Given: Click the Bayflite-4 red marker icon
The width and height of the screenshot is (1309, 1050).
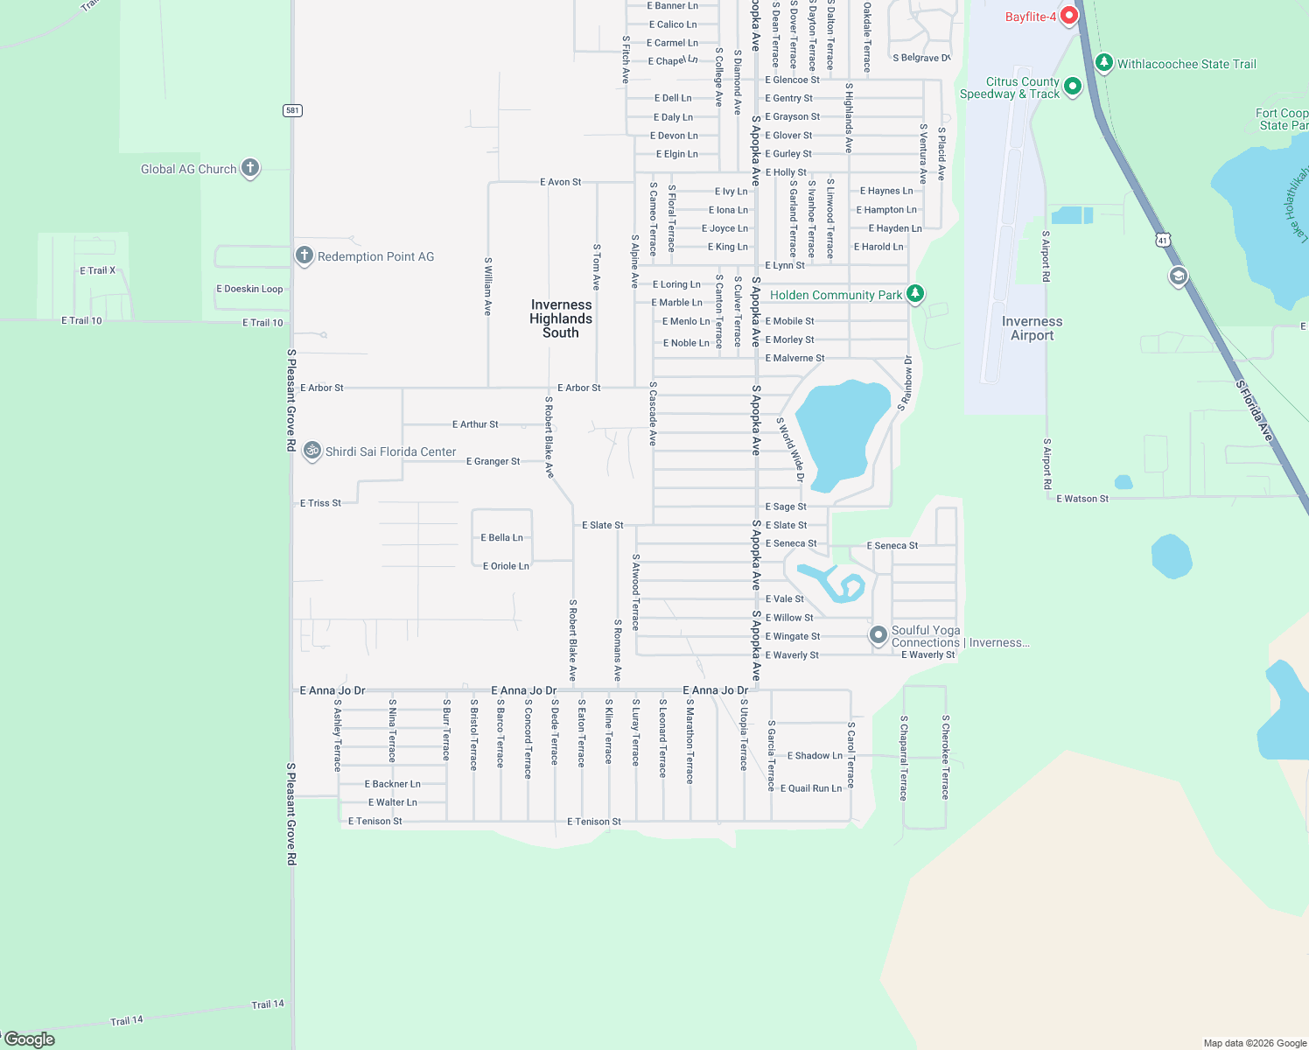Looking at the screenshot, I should [x=1068, y=17].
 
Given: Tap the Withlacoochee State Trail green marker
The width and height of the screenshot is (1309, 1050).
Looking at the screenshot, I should [x=1104, y=63].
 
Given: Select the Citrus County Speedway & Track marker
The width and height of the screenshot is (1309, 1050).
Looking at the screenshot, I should [x=1073, y=87].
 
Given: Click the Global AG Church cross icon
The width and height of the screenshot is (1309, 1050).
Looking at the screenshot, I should [x=250, y=168].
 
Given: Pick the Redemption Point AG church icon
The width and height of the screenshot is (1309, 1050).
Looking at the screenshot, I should [x=304, y=255].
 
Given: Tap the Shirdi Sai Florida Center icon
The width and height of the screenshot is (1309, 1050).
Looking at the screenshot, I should [x=312, y=451].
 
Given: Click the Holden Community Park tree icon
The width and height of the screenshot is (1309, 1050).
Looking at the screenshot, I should [x=915, y=294].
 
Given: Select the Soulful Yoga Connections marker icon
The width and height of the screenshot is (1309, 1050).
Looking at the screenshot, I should [x=878, y=635].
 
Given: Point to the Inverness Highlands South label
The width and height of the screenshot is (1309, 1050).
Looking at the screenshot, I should [x=561, y=318].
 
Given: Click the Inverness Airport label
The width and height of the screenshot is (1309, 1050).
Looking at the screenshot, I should [x=1032, y=328].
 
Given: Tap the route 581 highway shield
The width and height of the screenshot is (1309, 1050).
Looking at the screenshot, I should [x=292, y=110].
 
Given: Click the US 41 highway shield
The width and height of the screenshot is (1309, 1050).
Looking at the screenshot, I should [x=1163, y=240].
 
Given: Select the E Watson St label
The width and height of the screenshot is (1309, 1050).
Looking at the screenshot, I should [x=1082, y=499].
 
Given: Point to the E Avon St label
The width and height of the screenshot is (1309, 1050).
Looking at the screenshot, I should [x=560, y=182].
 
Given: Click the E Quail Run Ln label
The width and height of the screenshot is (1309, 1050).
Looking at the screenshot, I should [x=811, y=788].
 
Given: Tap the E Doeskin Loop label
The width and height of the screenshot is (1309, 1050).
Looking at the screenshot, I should [x=249, y=289].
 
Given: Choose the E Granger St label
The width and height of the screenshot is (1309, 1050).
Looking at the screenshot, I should [x=493, y=461].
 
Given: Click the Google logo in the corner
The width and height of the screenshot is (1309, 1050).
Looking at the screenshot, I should [x=30, y=1039].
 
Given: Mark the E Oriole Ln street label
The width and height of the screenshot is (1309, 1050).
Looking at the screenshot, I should [x=506, y=566].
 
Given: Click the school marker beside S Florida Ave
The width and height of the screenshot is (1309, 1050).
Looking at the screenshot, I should [x=1178, y=277].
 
